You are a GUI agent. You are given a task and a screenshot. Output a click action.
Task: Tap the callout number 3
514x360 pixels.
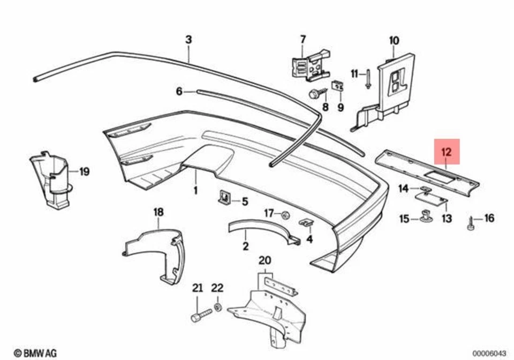click(188, 39)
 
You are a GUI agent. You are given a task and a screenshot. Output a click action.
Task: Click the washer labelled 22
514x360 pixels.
click(217, 307)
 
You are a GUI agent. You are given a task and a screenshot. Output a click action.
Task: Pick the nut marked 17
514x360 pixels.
click(285, 215)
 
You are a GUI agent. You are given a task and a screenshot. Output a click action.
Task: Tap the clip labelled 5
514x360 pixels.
click(225, 198)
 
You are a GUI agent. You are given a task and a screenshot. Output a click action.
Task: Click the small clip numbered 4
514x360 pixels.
click(306, 222)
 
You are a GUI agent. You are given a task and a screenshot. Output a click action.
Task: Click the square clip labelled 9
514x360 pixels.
click(338, 86)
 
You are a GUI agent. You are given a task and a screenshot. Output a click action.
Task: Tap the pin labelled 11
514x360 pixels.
click(369, 78)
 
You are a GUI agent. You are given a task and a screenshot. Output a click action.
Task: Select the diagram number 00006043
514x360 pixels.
click(489, 353)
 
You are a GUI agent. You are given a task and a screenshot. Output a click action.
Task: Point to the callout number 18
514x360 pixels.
click(158, 212)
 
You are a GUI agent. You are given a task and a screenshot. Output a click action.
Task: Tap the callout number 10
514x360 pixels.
click(394, 40)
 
